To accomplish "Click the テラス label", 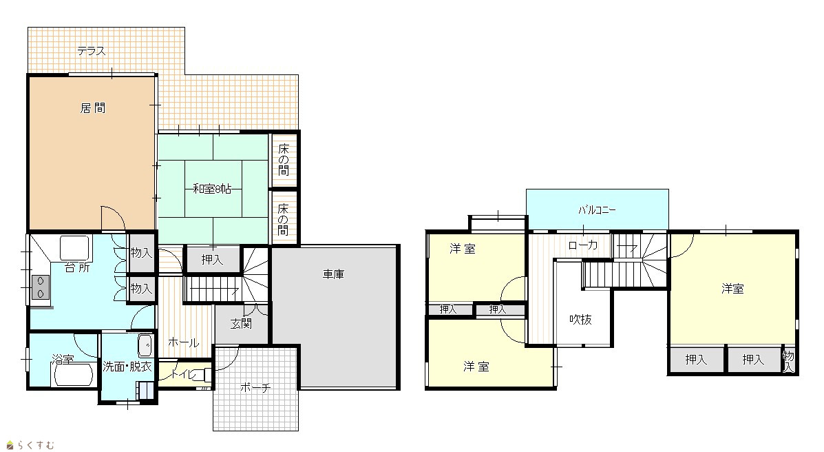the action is [x=92, y=51].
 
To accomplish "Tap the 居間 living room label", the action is [x=93, y=108].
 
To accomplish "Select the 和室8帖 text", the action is [x=212, y=188].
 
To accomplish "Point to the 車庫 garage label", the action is [x=333, y=274].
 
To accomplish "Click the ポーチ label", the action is [x=255, y=388].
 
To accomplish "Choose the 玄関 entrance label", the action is [x=241, y=324].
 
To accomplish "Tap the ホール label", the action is [x=183, y=342].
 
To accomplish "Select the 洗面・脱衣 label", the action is [x=127, y=367].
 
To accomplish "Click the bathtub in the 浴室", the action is [x=74, y=374].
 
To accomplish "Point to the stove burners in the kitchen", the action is [x=41, y=287].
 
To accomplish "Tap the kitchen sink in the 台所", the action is [x=74, y=247].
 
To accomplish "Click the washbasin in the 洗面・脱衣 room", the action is [x=145, y=347].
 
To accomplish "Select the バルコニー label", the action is [x=597, y=210].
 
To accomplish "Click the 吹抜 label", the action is [x=581, y=320].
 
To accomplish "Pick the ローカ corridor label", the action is [x=583, y=245].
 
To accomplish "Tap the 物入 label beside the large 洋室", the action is [x=788, y=361].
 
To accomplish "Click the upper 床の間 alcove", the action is [x=284, y=159].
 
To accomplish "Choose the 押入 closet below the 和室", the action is [x=212, y=259].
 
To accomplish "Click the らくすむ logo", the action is [x=30, y=445].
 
